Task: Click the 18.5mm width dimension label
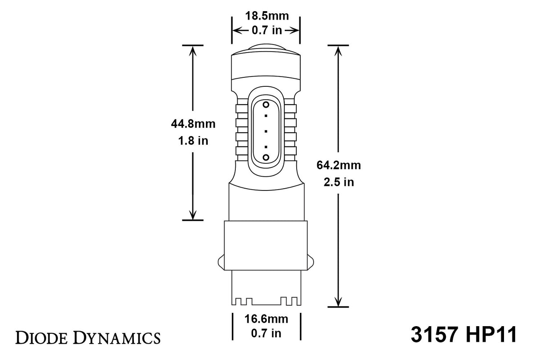[x=267, y=16]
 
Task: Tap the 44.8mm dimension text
[x=193, y=124]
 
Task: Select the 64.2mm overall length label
[x=339, y=166]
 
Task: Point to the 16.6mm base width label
[x=267, y=319]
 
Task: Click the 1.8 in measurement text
[x=193, y=141]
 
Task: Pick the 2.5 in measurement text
[x=339, y=182]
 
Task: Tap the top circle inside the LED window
[x=266, y=105]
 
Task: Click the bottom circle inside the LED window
[x=266, y=157]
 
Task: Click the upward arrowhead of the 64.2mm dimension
[x=339, y=50]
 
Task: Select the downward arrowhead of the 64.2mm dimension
[x=339, y=302]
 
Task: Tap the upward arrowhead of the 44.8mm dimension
[x=193, y=50]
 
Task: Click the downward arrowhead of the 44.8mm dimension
[x=193, y=215]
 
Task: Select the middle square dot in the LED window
[x=266, y=131]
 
